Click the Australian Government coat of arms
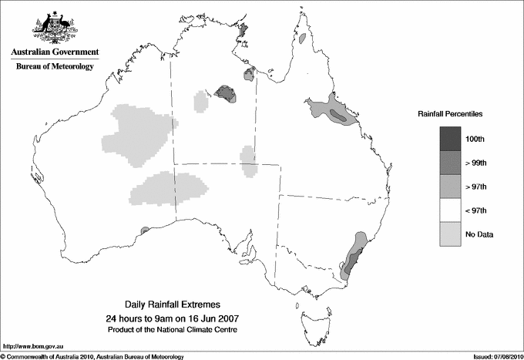(x=54, y=27)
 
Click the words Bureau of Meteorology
(x=54, y=67)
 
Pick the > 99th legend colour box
(x=451, y=162)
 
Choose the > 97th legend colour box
(x=451, y=186)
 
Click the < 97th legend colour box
(x=451, y=210)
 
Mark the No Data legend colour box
(x=451, y=234)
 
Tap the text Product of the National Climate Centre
(x=173, y=330)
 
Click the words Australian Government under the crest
(x=54, y=53)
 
